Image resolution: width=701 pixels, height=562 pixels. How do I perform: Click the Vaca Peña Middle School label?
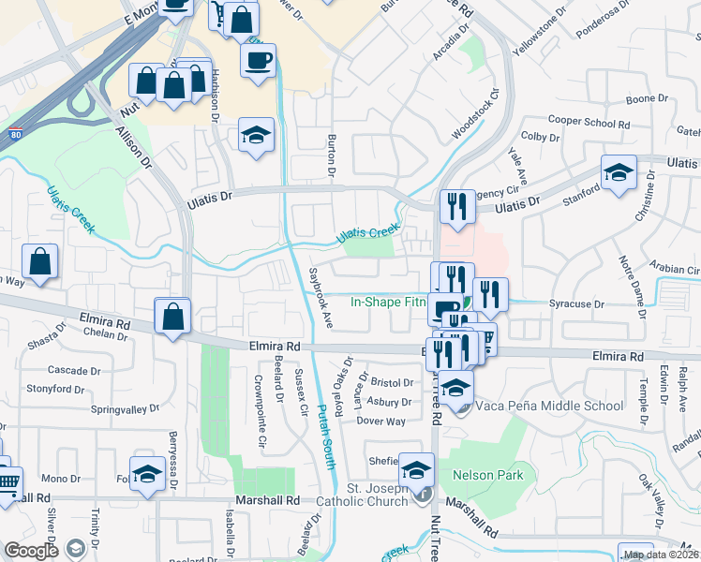548,406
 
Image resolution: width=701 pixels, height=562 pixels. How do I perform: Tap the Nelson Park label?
487,475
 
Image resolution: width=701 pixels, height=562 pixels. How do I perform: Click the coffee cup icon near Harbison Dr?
258,60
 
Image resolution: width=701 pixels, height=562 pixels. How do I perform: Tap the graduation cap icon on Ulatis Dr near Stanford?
619,173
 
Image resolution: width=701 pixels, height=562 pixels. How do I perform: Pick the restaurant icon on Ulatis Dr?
456,207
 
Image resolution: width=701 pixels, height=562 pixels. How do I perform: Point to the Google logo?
31,551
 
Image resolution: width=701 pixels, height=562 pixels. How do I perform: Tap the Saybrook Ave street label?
321,299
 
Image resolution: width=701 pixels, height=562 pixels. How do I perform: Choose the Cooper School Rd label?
589,122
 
